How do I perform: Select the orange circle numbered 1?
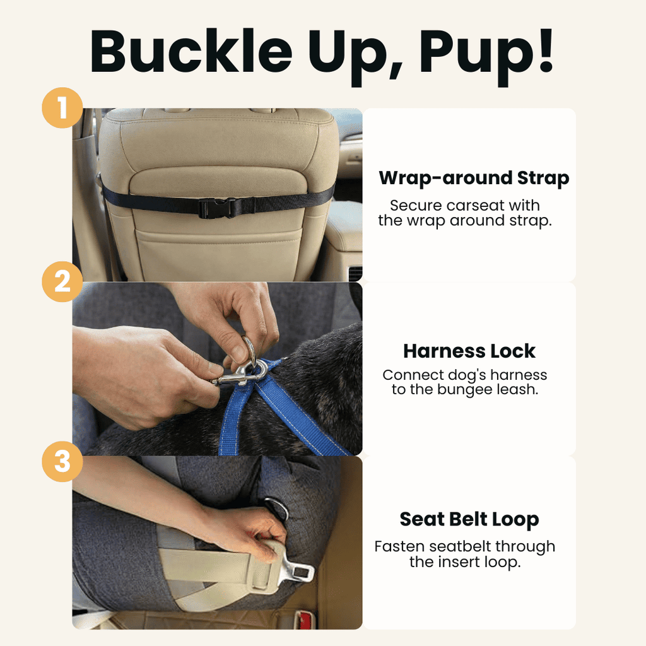(62, 109)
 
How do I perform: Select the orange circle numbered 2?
(62, 281)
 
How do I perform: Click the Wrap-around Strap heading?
(474, 179)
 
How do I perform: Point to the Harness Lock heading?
(469, 351)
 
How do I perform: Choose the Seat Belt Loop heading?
(469, 520)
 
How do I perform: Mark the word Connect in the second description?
(409, 375)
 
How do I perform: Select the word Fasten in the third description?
(396, 546)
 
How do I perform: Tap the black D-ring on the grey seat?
(276, 508)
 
